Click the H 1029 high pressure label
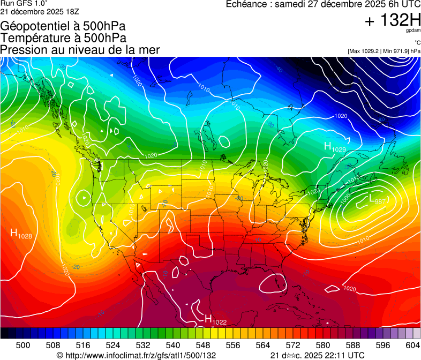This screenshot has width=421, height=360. click(334, 147)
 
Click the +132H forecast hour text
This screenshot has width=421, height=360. click(393, 20)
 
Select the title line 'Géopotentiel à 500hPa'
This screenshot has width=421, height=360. click(63, 26)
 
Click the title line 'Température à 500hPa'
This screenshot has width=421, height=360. click(63, 38)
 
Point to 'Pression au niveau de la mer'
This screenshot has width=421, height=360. click(80, 50)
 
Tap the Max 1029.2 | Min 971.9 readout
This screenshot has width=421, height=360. click(384, 51)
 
